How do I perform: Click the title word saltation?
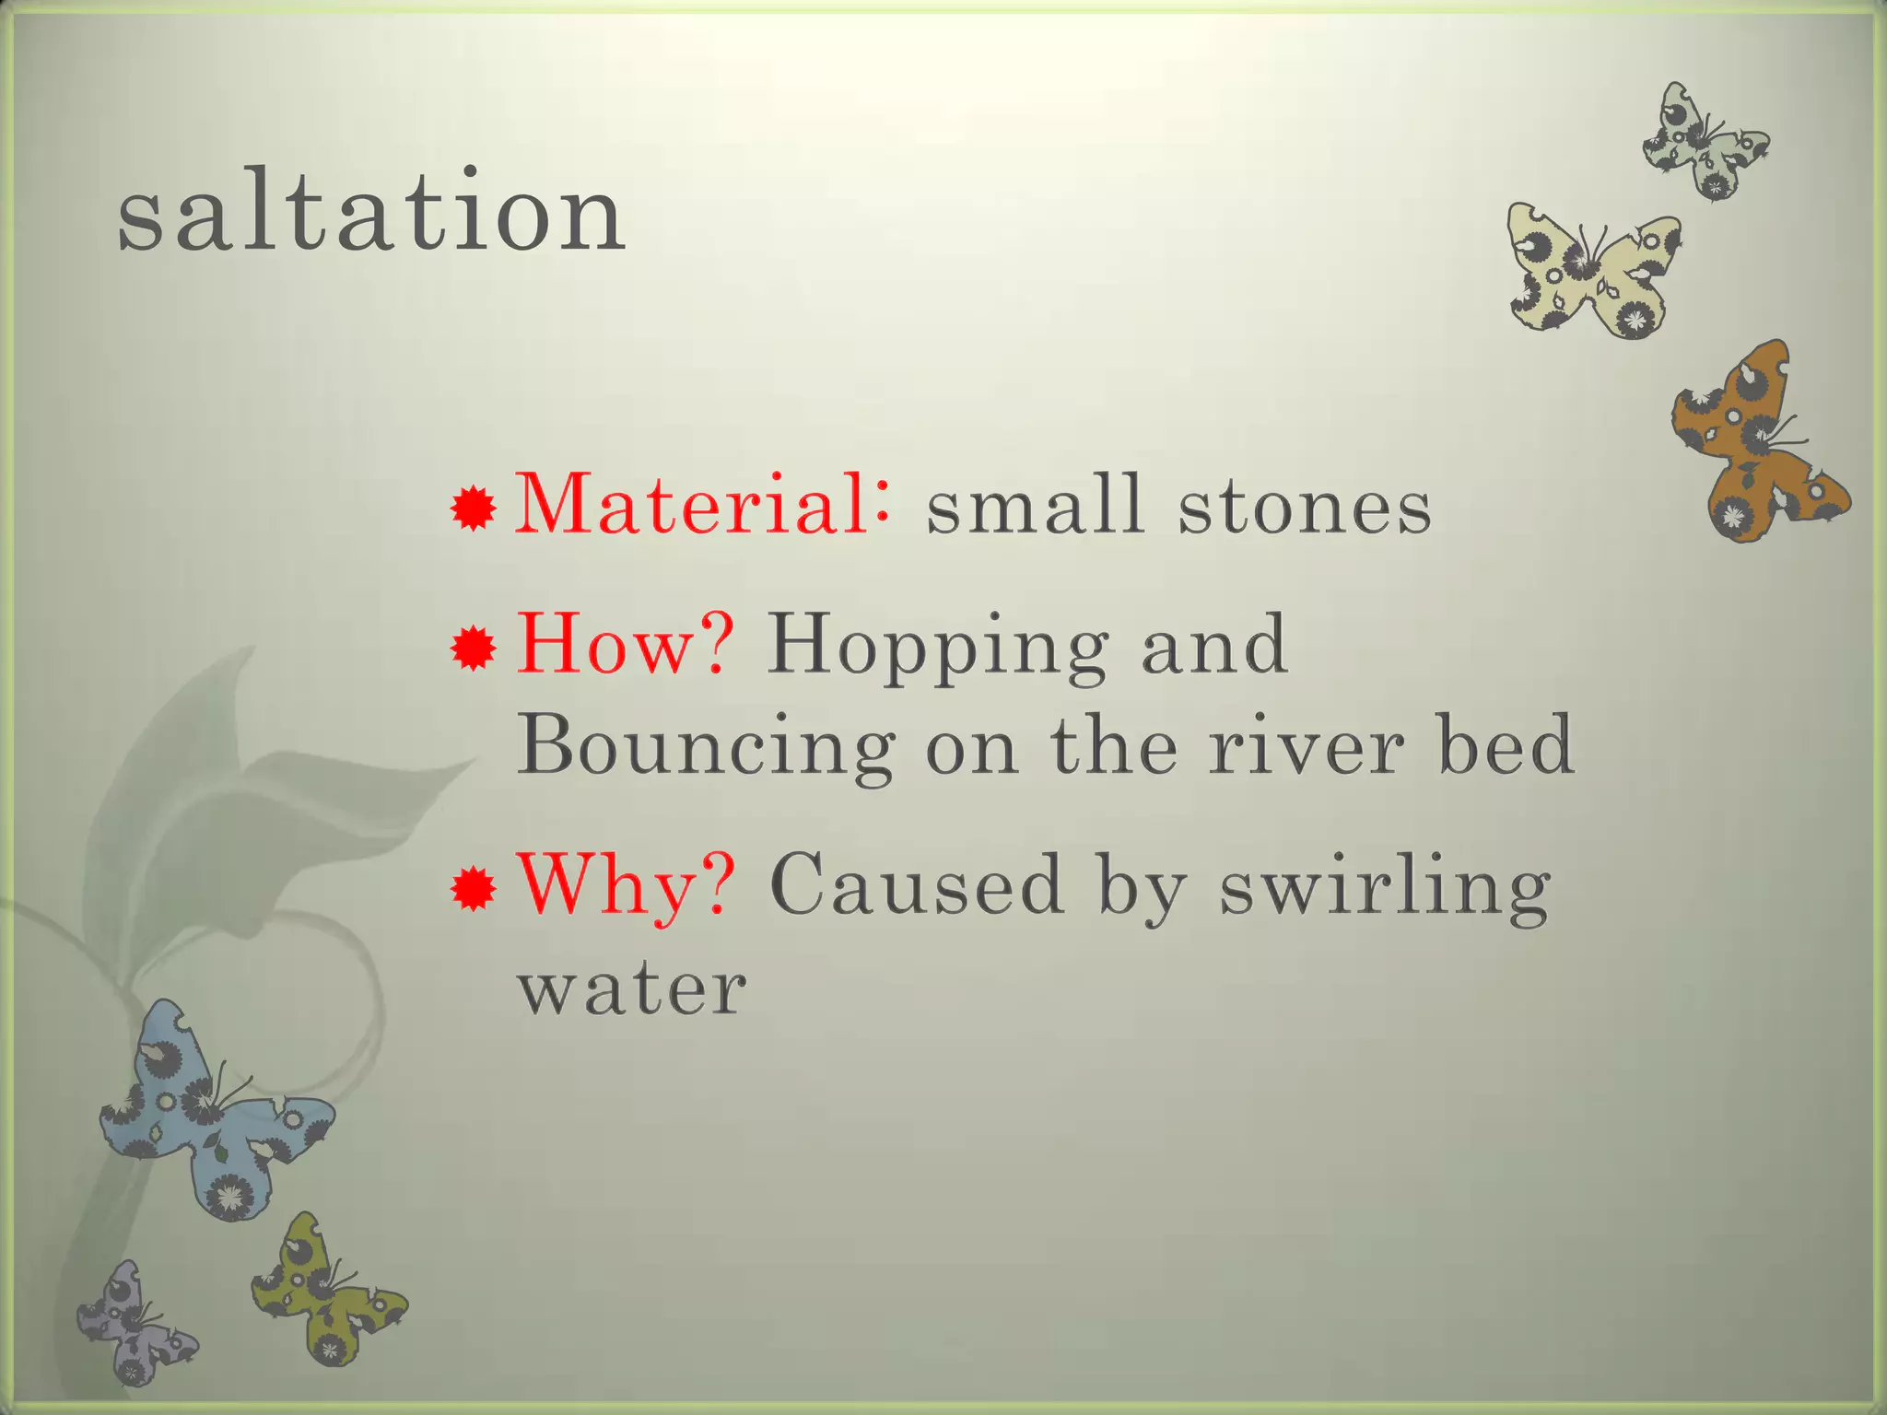pos(371,214)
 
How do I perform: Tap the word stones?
pos(1305,509)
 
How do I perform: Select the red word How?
pos(626,645)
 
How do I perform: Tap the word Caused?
pos(917,886)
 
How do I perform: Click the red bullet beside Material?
pos(474,509)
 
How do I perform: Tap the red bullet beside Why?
pos(474,890)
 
